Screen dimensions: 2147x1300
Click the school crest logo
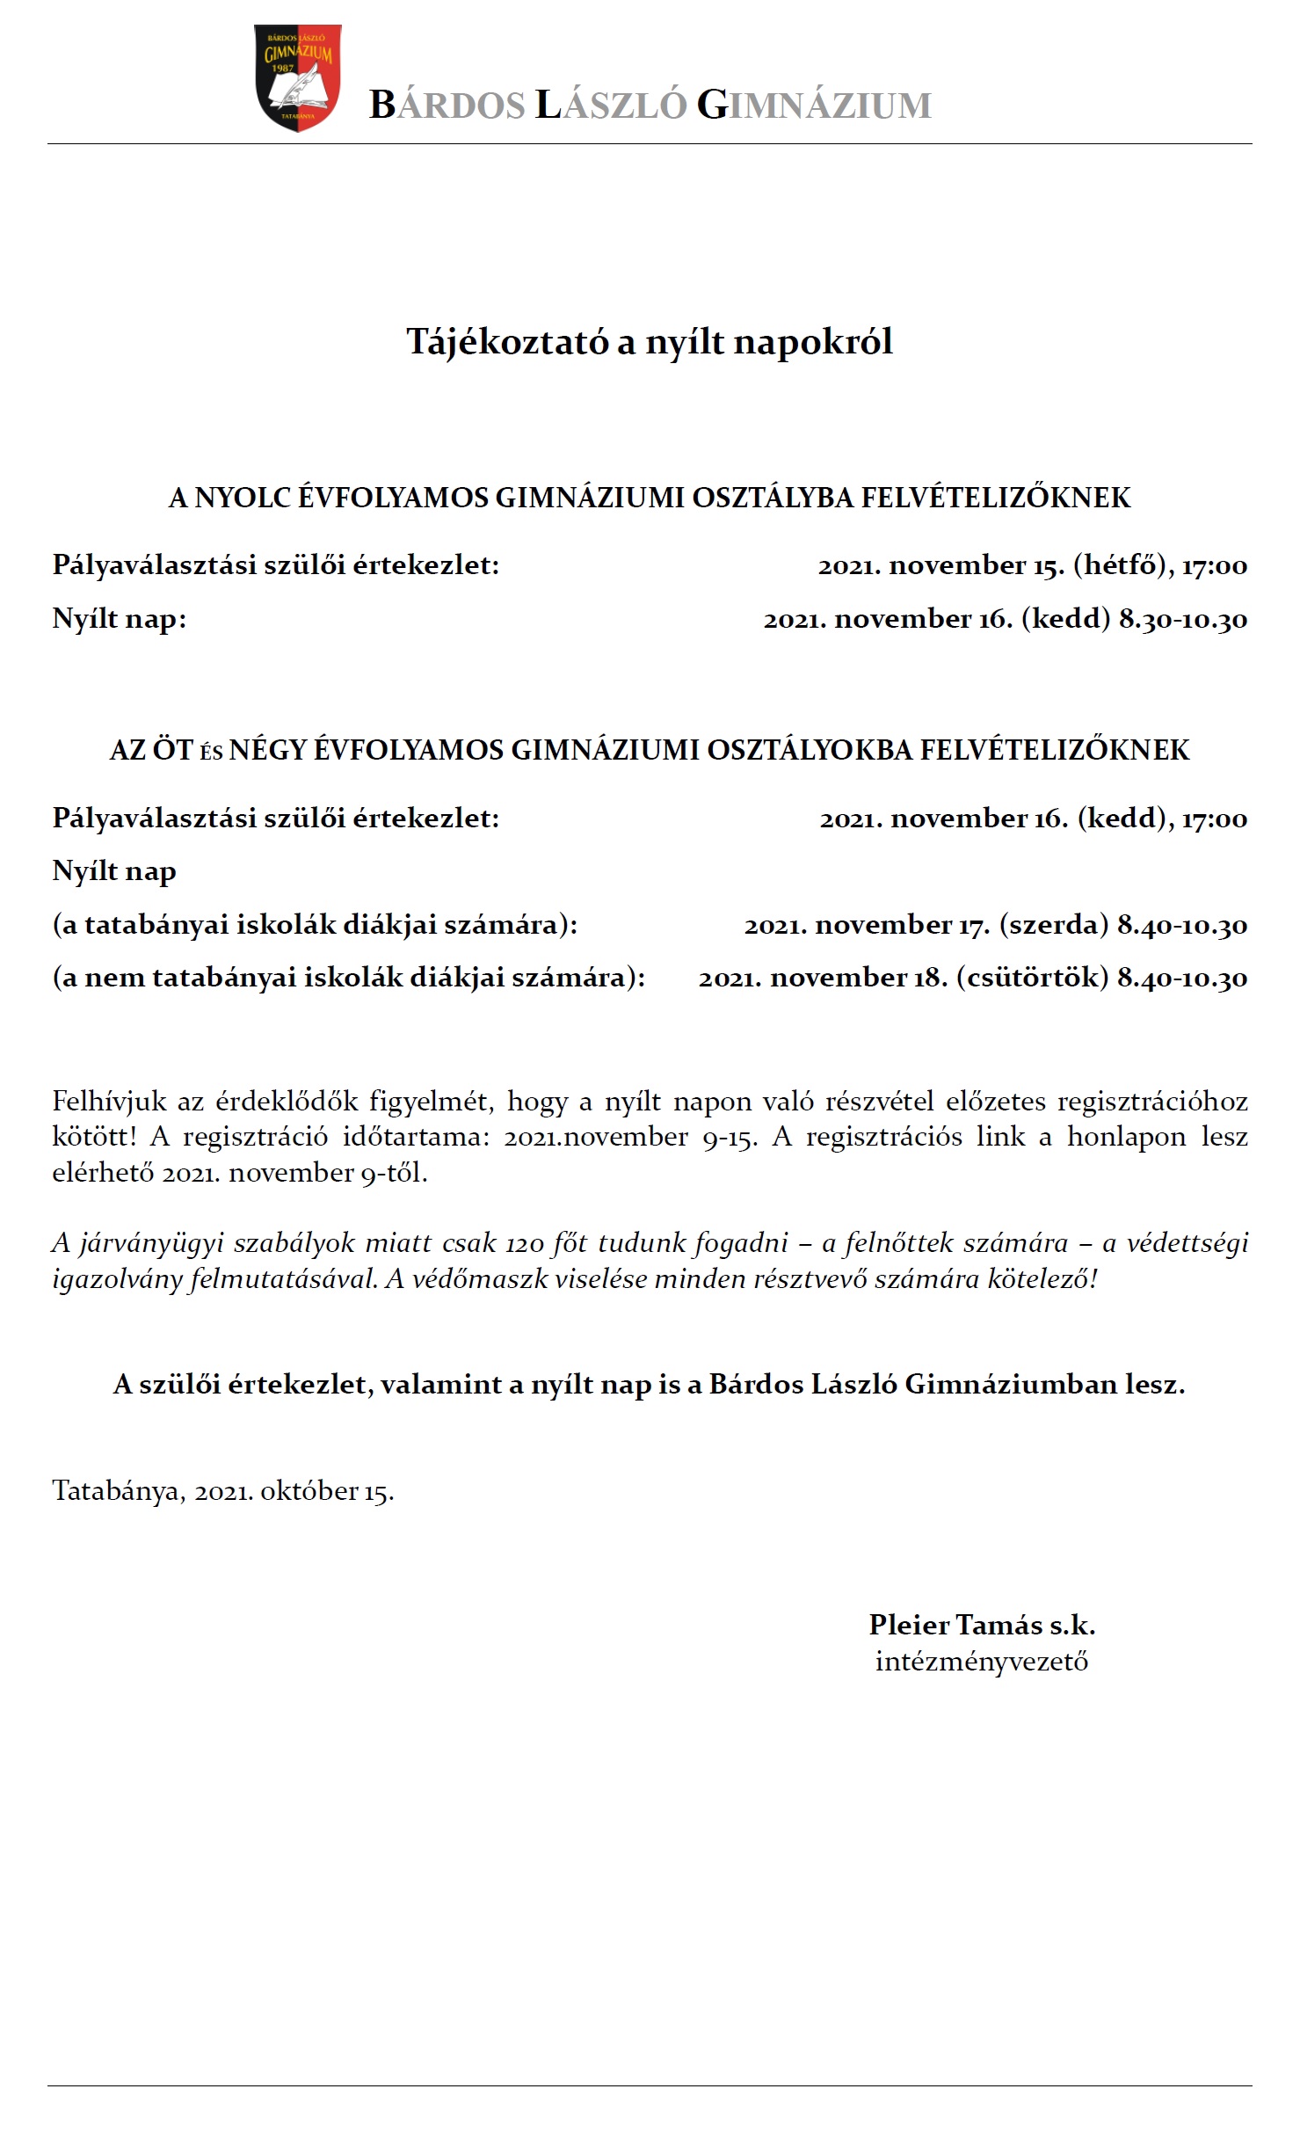pos(297,77)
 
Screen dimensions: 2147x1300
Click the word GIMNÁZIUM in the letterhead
pos(814,106)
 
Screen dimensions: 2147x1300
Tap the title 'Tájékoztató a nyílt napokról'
pos(650,342)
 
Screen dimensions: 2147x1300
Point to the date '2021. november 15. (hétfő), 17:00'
pos(1032,565)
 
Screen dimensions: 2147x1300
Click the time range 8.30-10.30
pos(1182,619)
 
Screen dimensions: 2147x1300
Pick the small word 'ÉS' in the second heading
pos(211,753)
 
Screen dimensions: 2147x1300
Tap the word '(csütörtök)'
pos(1032,978)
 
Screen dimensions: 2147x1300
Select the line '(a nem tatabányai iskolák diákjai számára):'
pos(349,978)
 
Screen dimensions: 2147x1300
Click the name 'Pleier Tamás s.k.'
pos(982,1625)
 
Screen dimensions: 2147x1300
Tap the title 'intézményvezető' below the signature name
pos(982,1662)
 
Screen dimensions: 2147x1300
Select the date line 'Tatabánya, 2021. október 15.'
pos(223,1491)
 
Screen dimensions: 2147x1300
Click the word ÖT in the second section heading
pos(172,750)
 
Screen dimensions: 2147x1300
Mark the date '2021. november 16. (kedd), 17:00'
pos(1033,819)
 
